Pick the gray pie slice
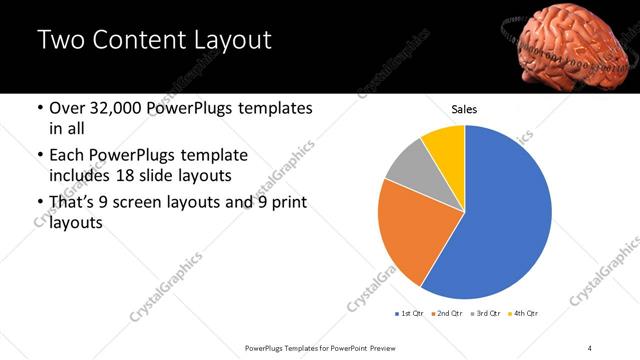point(407,165)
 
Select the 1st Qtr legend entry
point(409,313)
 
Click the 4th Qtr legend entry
point(524,313)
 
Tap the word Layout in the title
point(226,41)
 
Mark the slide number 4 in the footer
point(590,346)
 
